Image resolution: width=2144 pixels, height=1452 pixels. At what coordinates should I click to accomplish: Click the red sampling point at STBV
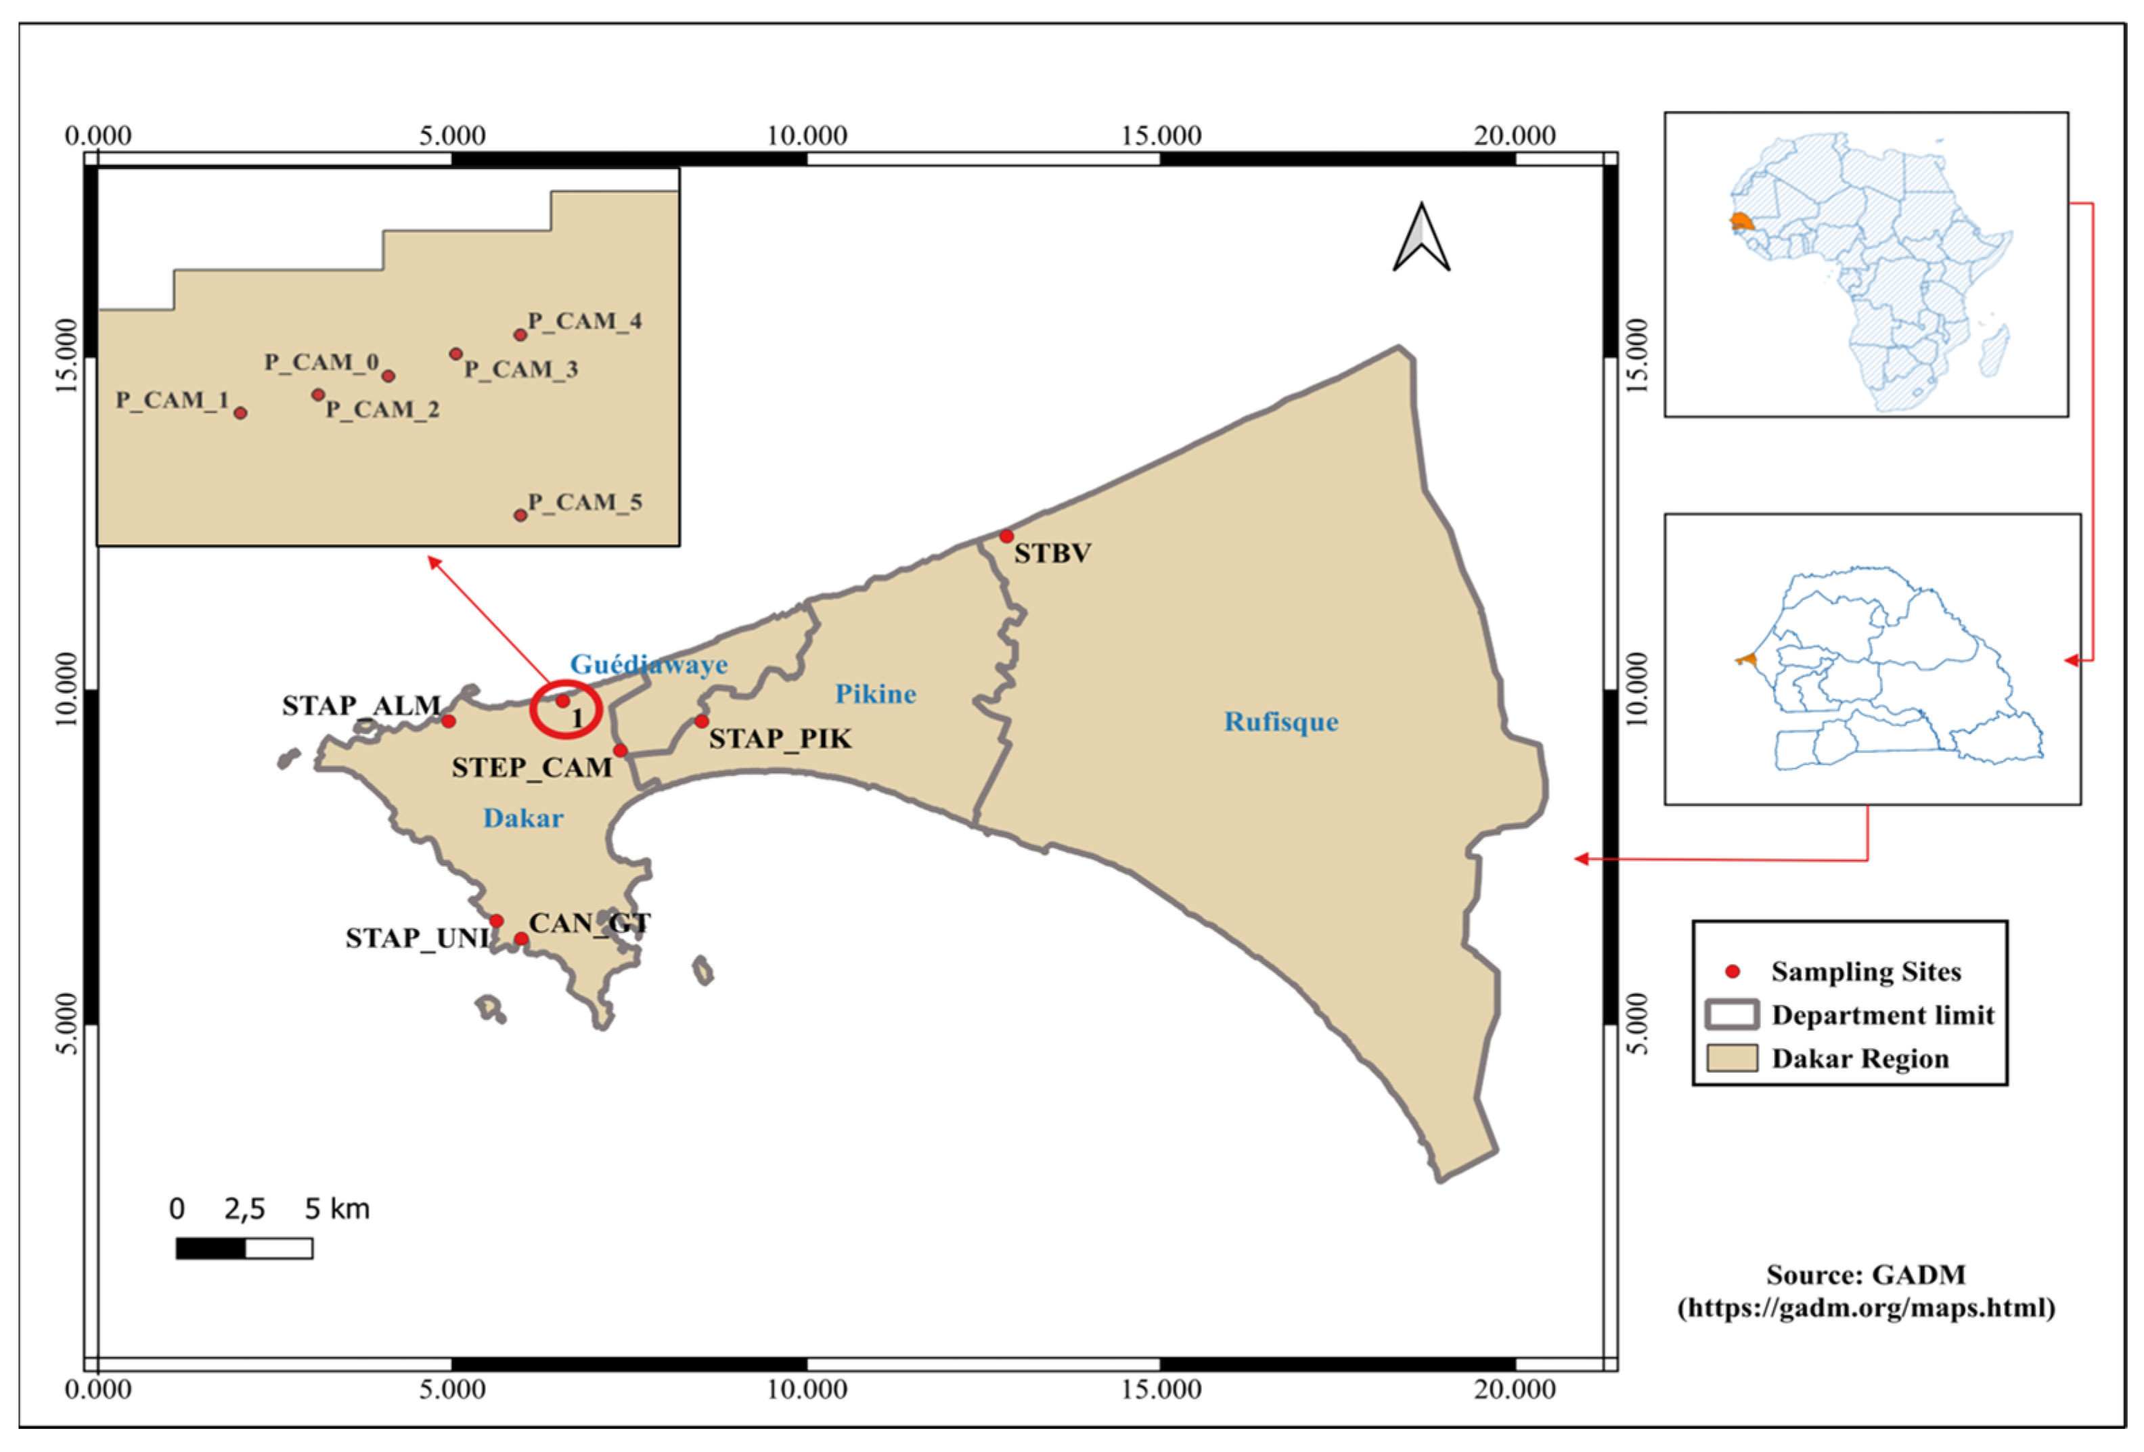click(x=1006, y=536)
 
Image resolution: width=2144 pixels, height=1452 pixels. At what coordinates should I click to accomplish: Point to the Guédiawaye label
click(x=648, y=664)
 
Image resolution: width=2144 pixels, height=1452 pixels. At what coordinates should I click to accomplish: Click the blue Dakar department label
click(x=523, y=818)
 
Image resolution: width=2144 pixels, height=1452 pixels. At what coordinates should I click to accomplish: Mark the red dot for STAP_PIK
click(x=702, y=721)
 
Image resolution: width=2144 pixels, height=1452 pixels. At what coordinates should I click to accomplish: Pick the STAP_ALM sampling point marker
click(x=448, y=721)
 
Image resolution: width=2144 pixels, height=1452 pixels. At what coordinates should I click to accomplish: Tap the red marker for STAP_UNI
click(x=496, y=921)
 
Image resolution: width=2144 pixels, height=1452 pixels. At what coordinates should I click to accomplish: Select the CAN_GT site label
click(x=589, y=924)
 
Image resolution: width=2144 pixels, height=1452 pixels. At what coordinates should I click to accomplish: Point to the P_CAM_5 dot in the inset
click(x=520, y=515)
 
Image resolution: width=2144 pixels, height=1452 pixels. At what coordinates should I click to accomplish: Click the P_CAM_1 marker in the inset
click(x=241, y=412)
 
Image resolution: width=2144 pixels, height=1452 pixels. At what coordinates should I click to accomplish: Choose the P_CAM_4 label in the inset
click(x=584, y=321)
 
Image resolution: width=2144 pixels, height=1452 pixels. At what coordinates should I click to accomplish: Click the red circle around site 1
click(x=566, y=708)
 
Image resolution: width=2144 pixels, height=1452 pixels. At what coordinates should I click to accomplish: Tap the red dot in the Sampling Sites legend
click(x=1733, y=972)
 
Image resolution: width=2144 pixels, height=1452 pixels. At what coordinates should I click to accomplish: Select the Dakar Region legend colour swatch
click(x=1732, y=1058)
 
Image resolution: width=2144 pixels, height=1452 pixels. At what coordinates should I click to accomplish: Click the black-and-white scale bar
click(x=244, y=1248)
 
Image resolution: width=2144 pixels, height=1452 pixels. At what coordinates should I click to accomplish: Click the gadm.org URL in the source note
click(x=1865, y=1308)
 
